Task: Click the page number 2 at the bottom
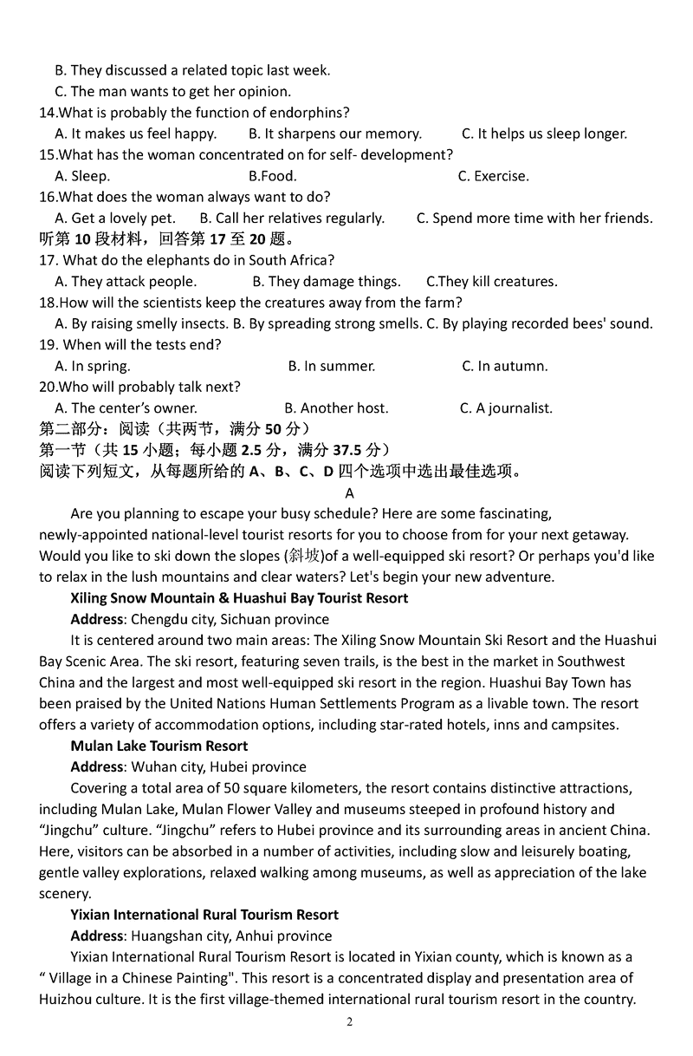point(350,1021)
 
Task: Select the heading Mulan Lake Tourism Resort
point(159,746)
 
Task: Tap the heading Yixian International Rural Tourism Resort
point(204,915)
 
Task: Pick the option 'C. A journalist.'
point(506,407)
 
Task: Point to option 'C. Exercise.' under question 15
point(494,176)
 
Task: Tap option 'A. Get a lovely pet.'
point(115,218)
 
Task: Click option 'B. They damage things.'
point(327,282)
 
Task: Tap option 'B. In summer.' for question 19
point(332,366)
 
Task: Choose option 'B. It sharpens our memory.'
point(335,134)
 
